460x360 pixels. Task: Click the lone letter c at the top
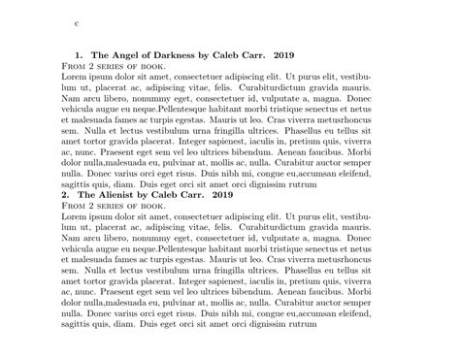(x=78, y=20)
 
